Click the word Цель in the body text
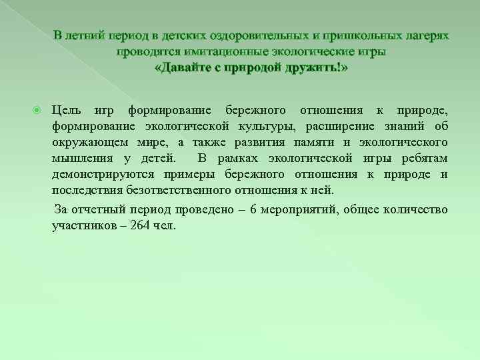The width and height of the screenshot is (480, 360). (x=67, y=110)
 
